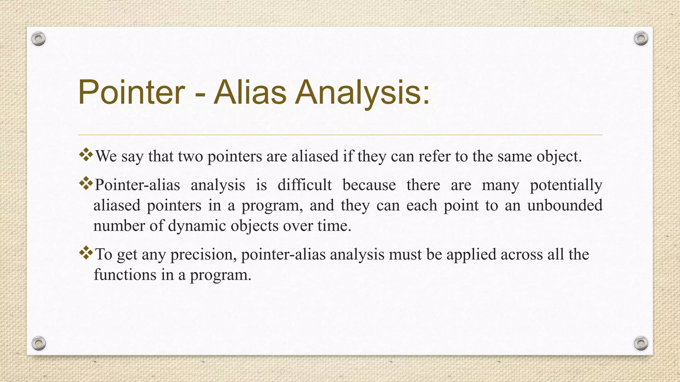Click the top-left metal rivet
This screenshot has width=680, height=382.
tap(39, 39)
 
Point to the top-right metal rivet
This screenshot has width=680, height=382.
tap(641, 39)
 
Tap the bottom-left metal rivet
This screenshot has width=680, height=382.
tap(39, 343)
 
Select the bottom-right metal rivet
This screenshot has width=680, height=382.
tap(641, 343)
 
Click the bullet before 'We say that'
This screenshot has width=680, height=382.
tap(86, 155)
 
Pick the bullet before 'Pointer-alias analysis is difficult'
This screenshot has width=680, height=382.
tap(86, 183)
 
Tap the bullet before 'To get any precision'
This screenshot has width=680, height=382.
tap(86, 253)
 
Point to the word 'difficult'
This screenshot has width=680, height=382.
tap(304, 185)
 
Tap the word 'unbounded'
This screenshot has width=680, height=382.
tap(565, 205)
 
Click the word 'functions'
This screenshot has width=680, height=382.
tap(125, 275)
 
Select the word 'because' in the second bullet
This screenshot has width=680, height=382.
tap(369, 185)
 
